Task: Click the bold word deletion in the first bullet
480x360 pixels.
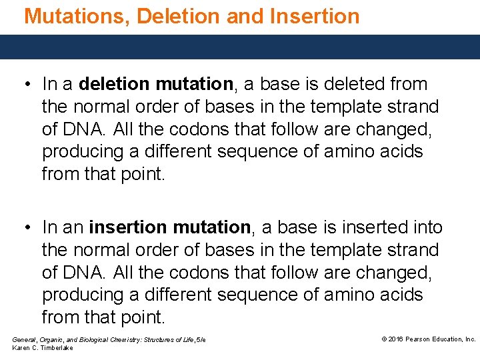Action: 115,84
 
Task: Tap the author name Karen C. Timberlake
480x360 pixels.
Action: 43,348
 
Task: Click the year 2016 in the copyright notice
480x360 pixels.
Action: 397,339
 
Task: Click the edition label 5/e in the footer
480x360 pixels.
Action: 200,340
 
